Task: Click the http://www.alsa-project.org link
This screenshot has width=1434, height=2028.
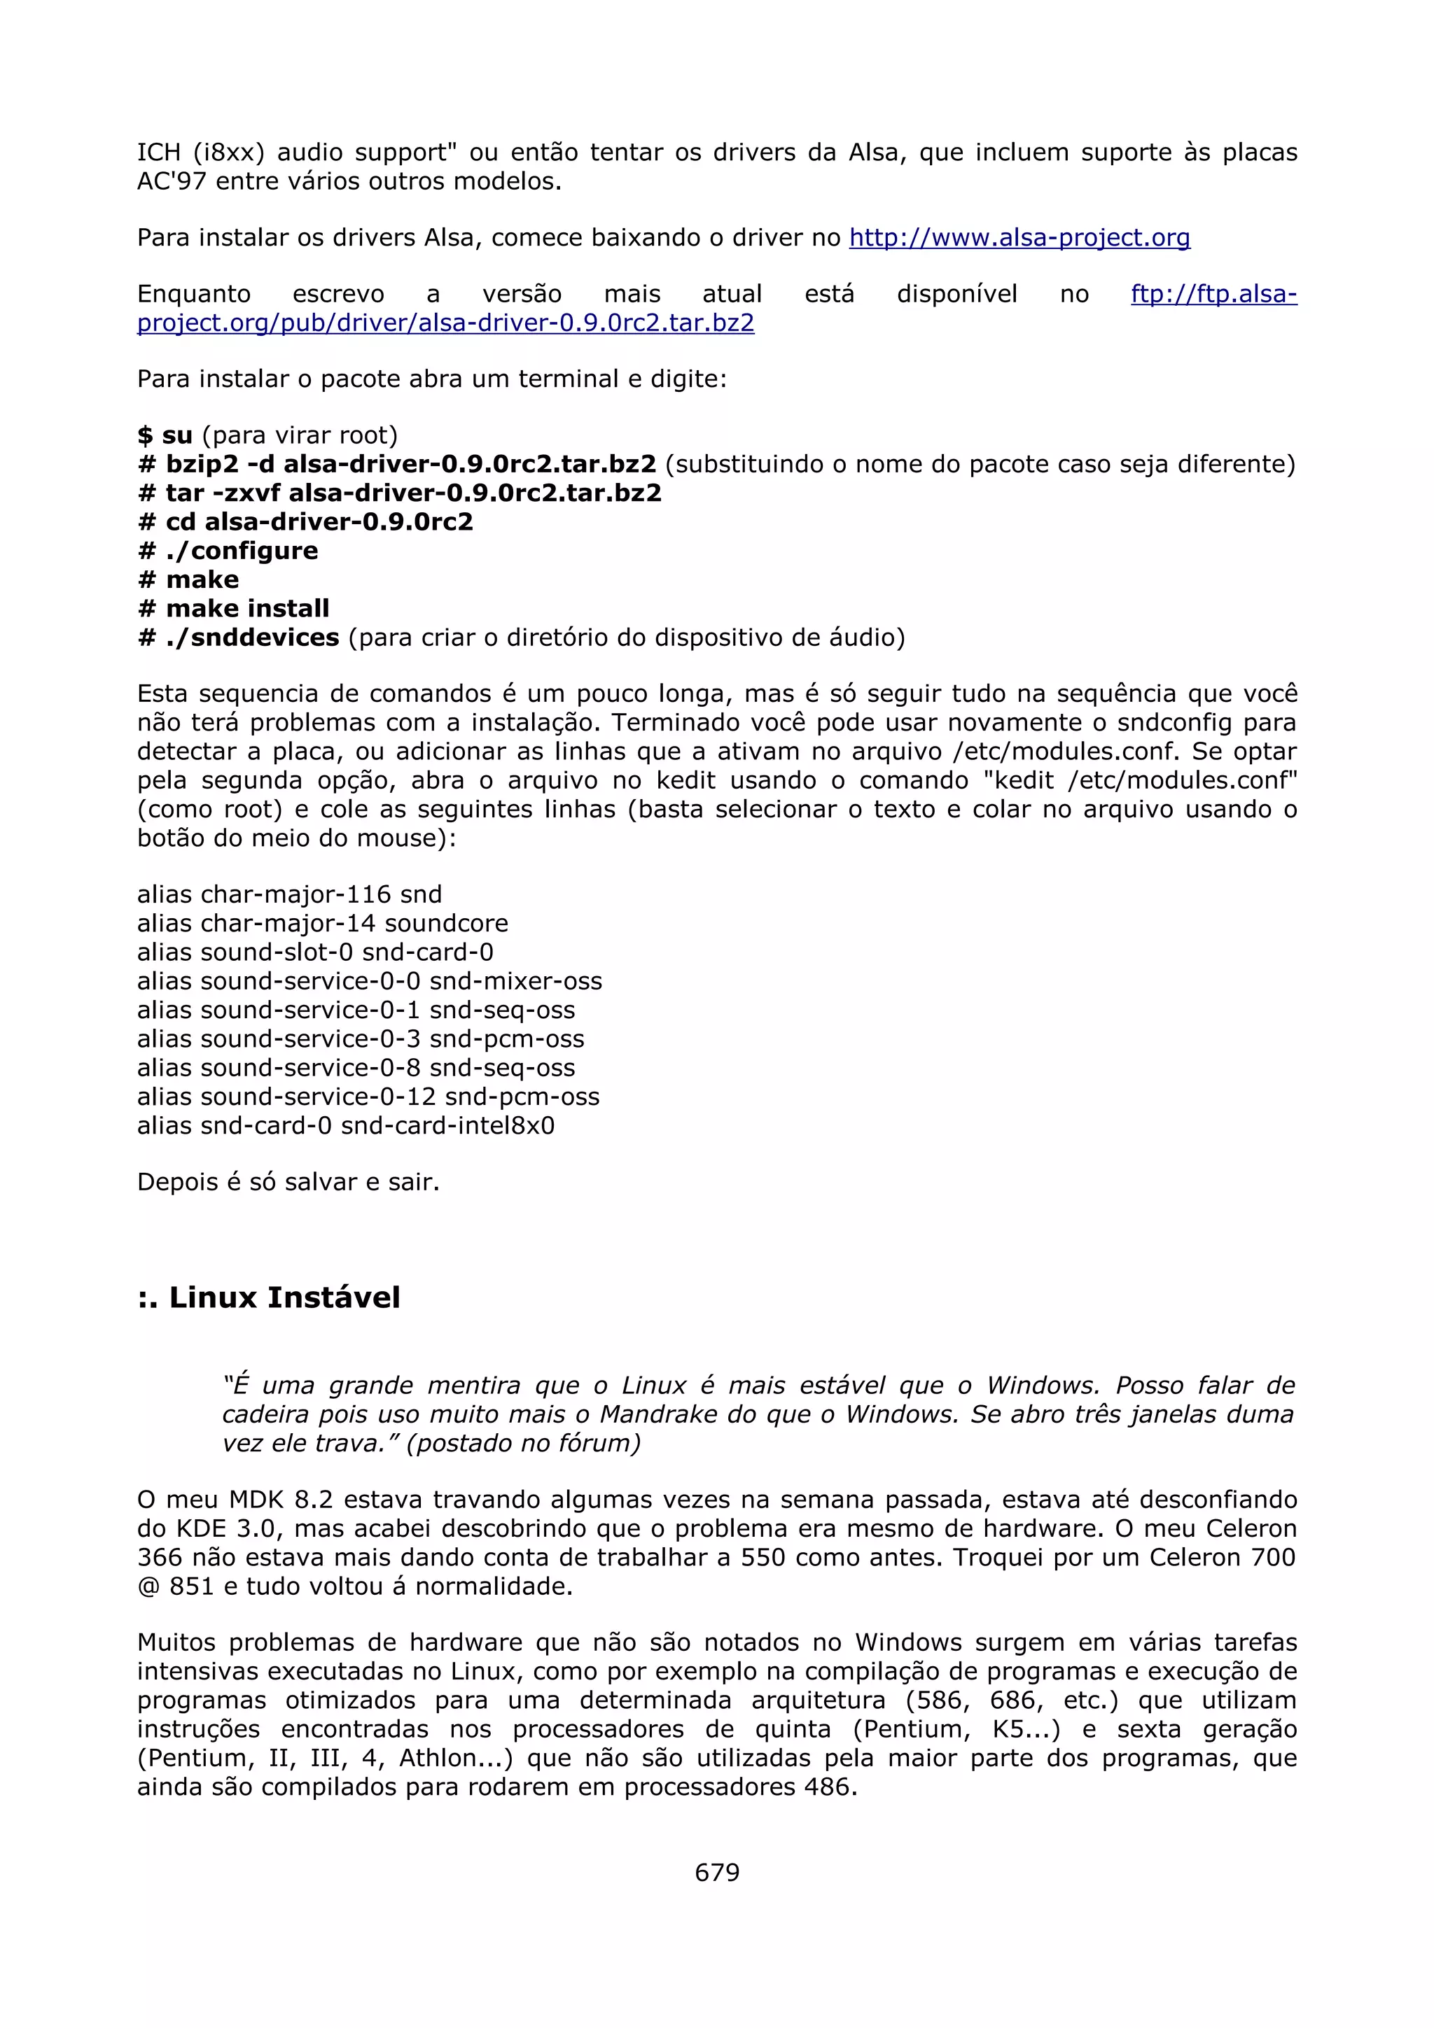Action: tap(1019, 238)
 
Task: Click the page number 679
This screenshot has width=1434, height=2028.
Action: tap(716, 1872)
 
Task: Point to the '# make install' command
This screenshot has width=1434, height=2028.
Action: tap(234, 609)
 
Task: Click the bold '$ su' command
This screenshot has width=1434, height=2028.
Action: tap(165, 435)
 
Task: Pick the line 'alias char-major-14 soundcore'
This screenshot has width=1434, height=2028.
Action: tap(323, 923)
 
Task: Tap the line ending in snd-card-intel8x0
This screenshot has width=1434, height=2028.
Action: tap(345, 1125)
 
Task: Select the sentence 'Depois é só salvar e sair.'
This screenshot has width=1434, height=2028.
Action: tap(288, 1182)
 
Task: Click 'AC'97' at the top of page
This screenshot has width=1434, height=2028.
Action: tap(172, 182)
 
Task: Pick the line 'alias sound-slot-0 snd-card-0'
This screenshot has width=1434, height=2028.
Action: tap(315, 952)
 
